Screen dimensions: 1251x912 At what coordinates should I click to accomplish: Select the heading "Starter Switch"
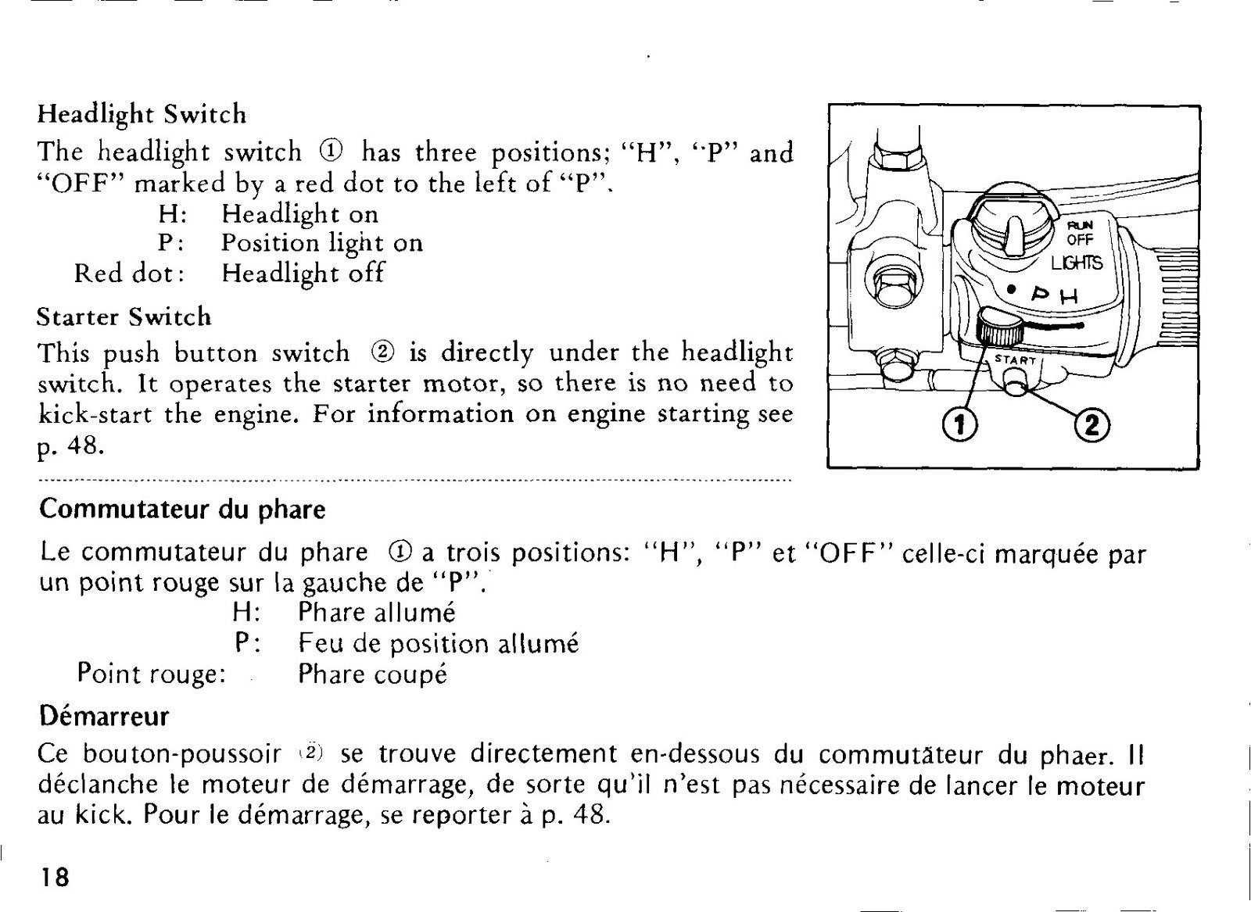point(124,317)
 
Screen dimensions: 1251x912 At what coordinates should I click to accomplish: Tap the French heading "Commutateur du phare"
point(182,510)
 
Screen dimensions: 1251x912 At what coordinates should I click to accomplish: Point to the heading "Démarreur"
point(104,716)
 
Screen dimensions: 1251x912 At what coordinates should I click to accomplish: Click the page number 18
point(55,878)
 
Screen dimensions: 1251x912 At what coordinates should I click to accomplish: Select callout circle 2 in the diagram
point(1093,427)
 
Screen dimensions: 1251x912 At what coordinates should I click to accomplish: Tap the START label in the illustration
point(1016,359)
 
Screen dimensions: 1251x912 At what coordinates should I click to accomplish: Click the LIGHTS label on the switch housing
point(1077,263)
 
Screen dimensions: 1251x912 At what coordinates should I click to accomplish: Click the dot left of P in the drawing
point(1010,290)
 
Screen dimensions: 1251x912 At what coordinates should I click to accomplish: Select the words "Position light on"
point(322,243)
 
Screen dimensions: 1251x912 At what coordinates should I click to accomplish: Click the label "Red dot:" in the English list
point(130,274)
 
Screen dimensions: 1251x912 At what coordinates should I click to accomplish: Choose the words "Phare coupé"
point(372,674)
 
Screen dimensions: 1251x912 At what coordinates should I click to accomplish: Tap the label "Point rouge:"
point(152,674)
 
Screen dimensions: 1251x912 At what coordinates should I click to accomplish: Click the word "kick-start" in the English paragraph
point(95,415)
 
